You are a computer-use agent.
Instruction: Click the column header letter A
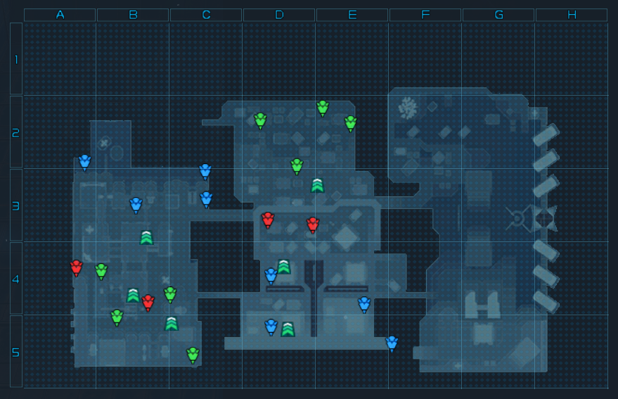point(60,15)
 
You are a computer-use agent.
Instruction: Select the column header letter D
point(279,15)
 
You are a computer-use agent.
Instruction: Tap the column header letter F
point(425,15)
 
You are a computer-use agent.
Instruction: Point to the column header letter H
point(572,15)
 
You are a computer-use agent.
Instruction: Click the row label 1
point(15,59)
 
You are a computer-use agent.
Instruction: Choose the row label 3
point(15,205)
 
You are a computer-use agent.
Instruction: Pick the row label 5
point(15,352)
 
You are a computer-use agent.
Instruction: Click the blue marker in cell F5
point(392,343)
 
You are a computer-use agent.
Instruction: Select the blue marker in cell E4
point(364,303)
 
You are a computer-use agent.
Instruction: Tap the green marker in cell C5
point(193,354)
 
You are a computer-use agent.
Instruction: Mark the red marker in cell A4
point(77,267)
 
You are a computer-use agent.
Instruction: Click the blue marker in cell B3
point(136,204)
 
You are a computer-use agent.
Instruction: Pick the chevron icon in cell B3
point(146,237)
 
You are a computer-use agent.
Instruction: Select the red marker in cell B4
point(148,302)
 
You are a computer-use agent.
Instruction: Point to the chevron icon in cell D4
point(283,266)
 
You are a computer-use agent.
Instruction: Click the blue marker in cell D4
point(271,275)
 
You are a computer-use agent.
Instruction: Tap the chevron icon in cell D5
point(288,329)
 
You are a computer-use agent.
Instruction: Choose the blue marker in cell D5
point(271,326)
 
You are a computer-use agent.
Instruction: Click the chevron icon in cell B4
point(133,295)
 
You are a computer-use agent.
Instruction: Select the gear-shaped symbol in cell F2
point(407,108)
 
